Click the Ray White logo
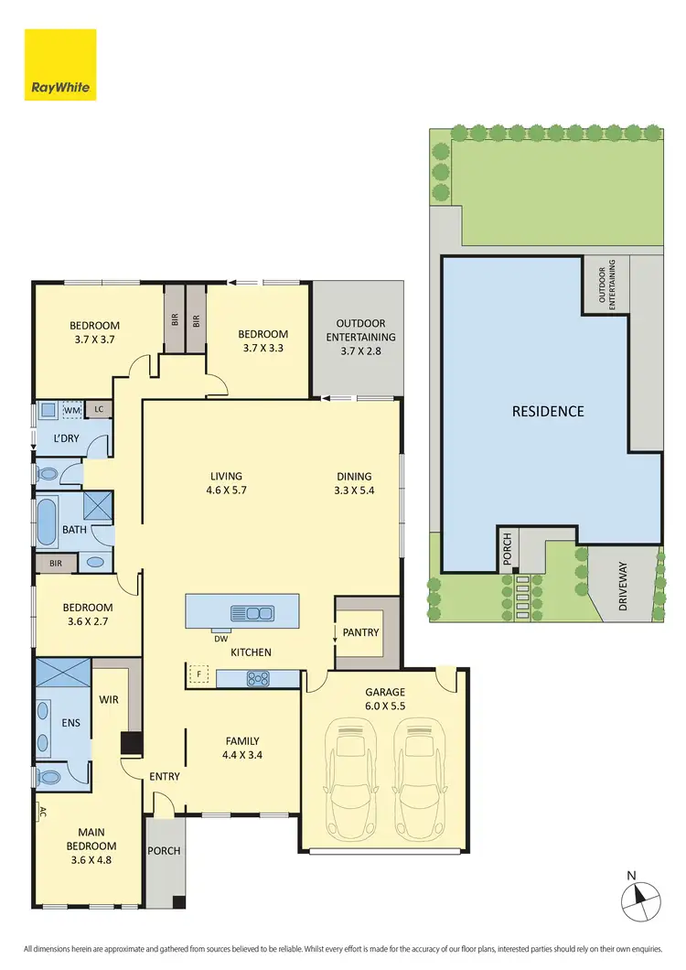coord(60,64)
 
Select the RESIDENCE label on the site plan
coord(548,411)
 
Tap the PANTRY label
coord(360,632)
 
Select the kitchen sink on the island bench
coord(252,612)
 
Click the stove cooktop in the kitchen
coord(258,678)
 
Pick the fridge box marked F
coord(198,676)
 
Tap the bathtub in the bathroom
coord(45,523)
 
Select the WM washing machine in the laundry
coord(72,409)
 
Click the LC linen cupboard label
coord(99,409)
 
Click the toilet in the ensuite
coord(48,778)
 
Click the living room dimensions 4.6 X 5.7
coord(226,490)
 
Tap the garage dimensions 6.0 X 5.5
coord(384,707)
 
